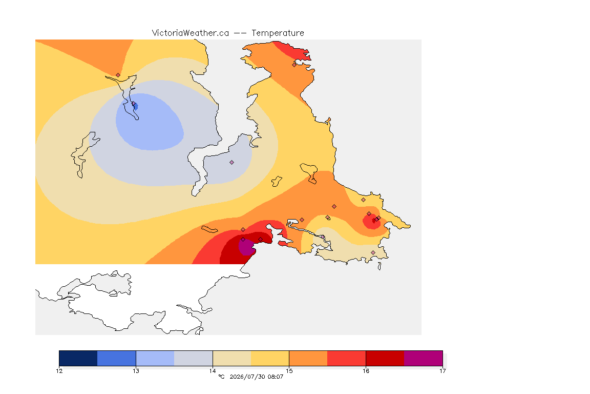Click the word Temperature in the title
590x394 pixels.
tap(278, 33)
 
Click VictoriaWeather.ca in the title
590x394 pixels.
tap(191, 33)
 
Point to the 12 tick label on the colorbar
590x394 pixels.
tap(59, 371)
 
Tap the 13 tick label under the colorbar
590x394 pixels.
tap(136, 371)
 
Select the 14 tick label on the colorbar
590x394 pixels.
tap(213, 371)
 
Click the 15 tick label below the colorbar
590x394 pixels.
tap(289, 371)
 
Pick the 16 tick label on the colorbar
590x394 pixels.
tap(366, 371)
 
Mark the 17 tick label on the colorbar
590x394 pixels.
tap(442, 371)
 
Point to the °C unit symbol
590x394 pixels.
tap(221, 377)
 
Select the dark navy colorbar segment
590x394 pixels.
tap(78, 358)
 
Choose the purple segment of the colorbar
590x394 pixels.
tap(424, 358)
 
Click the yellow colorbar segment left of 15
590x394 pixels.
tap(270, 358)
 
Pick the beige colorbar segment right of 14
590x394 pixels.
tap(232, 358)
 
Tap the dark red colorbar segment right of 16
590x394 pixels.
tap(385, 358)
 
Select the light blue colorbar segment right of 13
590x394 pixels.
tap(155, 358)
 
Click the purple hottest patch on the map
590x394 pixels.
tap(246, 247)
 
